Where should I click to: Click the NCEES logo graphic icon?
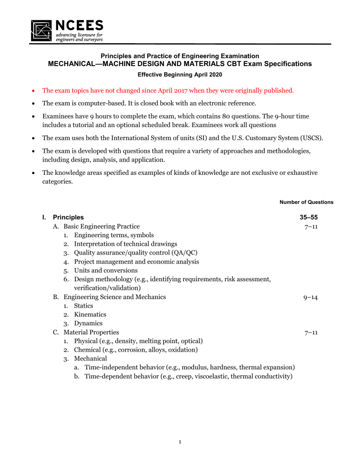tap(42, 30)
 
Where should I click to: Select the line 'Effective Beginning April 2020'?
tap(180, 74)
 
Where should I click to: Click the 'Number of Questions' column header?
tap(306, 202)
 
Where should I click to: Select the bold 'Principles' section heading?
tap(68, 218)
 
